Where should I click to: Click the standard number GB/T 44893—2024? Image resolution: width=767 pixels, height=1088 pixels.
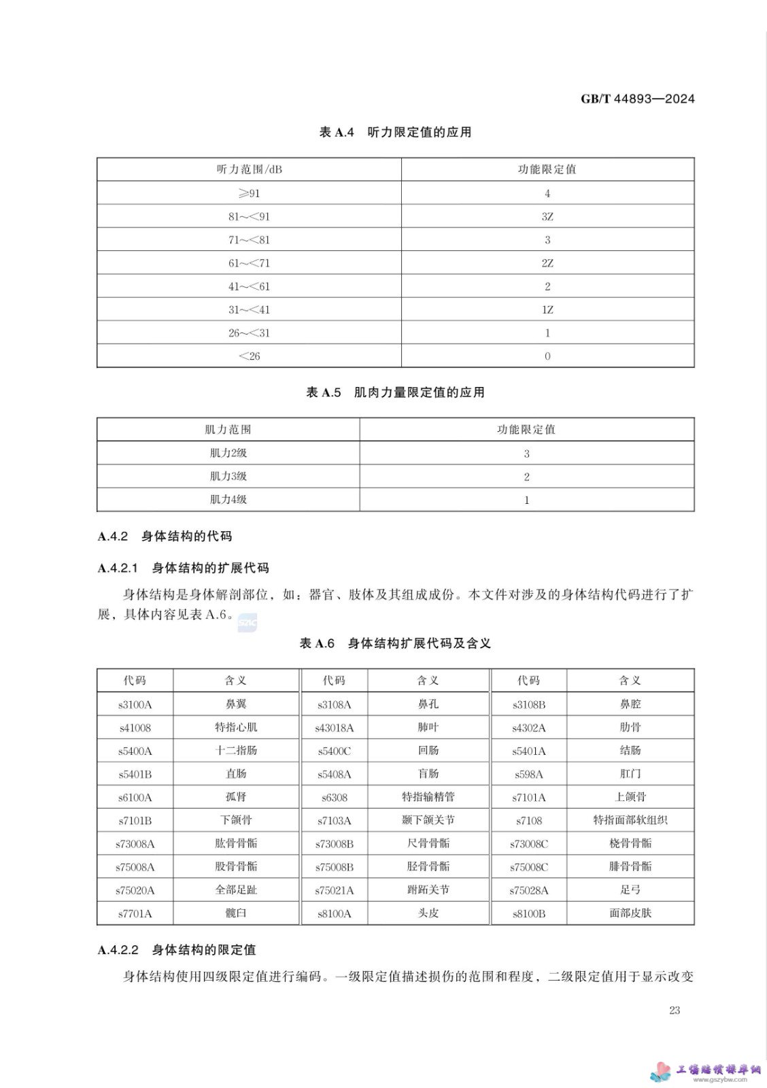pyautogui.click(x=637, y=99)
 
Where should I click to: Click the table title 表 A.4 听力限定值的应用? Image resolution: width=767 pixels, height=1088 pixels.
pyautogui.click(x=395, y=132)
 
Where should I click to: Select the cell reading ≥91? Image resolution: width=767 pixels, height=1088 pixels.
pyautogui.click(x=249, y=193)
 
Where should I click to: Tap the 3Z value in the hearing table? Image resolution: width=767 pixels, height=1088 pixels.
pyautogui.click(x=547, y=217)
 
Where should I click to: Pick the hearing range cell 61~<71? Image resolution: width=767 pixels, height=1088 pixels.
pyautogui.click(x=249, y=263)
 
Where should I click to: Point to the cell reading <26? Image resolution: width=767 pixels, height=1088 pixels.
pyautogui.click(x=249, y=356)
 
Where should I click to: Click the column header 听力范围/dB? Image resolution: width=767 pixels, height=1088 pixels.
pyautogui.click(x=249, y=169)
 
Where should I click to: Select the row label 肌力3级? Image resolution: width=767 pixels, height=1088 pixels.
pyautogui.click(x=228, y=476)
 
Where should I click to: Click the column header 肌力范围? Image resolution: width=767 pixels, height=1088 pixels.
pyautogui.click(x=228, y=430)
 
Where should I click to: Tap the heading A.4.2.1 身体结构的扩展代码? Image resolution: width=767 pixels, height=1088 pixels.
pyautogui.click(x=184, y=568)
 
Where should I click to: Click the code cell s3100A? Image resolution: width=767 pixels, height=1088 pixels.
pyautogui.click(x=135, y=704)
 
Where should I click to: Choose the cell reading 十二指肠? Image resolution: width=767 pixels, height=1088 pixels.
pyautogui.click(x=236, y=751)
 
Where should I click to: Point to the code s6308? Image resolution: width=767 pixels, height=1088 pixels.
pyautogui.click(x=334, y=798)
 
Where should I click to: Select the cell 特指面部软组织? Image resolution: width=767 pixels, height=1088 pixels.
pyautogui.click(x=630, y=821)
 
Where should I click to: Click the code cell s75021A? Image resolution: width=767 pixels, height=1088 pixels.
pyautogui.click(x=334, y=890)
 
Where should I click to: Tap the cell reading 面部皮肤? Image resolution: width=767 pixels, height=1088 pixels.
pyautogui.click(x=630, y=913)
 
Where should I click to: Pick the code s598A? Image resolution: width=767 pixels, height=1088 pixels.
pyautogui.click(x=528, y=775)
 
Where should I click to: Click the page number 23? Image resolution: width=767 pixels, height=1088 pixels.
pyautogui.click(x=674, y=1010)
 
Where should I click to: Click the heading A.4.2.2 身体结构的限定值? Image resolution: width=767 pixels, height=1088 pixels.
pyautogui.click(x=177, y=950)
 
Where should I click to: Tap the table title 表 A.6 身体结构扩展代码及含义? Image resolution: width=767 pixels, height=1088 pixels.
pyautogui.click(x=395, y=643)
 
